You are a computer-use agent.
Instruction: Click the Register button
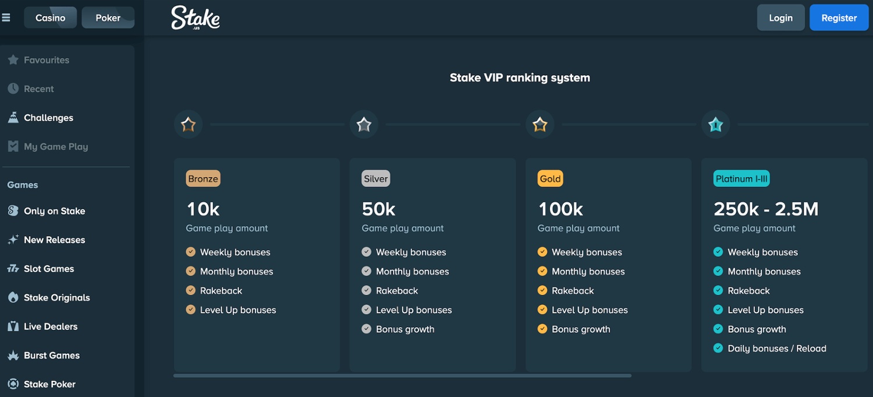(x=839, y=17)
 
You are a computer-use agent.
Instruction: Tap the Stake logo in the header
(x=195, y=17)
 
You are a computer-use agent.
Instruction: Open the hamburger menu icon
(x=6, y=17)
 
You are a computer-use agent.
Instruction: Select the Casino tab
(x=50, y=17)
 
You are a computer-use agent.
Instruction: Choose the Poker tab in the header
(x=108, y=17)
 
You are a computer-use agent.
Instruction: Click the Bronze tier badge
(x=203, y=178)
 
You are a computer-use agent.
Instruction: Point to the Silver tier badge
(x=376, y=178)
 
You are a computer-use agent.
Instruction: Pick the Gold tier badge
(x=551, y=178)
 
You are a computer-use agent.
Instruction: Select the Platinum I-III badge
(x=741, y=178)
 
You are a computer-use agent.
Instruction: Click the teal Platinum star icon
(x=715, y=125)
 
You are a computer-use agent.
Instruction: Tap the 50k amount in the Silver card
(x=378, y=209)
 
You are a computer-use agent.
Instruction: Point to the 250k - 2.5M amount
(x=766, y=209)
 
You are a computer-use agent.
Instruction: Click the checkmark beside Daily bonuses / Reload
(x=718, y=348)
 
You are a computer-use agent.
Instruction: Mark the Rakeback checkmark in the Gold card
(x=542, y=290)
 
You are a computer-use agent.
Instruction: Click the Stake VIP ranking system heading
(x=520, y=78)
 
